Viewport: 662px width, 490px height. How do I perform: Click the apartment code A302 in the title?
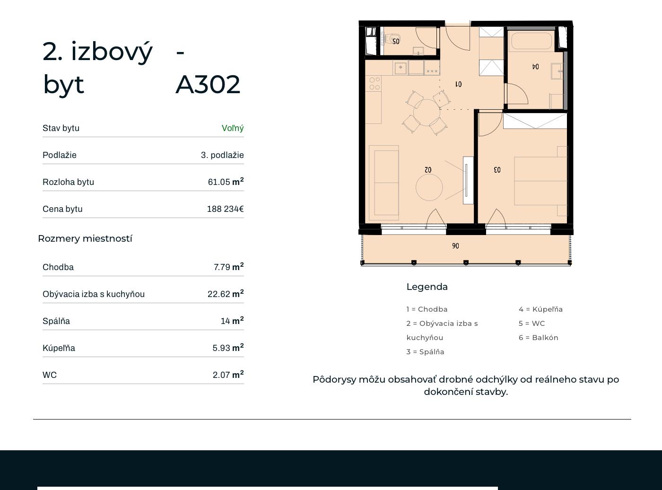(208, 85)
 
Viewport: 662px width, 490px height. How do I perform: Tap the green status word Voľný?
(233, 128)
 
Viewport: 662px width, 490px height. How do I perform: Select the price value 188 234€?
(226, 209)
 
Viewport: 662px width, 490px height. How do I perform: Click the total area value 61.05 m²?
(226, 181)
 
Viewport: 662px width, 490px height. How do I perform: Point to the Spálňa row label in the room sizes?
(56, 321)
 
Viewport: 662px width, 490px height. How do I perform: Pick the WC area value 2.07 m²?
(228, 375)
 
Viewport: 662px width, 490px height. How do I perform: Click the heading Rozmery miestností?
(85, 238)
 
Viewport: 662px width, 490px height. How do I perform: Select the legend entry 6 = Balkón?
(539, 338)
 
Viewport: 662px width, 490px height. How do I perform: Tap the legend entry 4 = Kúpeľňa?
(540, 309)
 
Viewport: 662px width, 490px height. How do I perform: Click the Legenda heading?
(427, 287)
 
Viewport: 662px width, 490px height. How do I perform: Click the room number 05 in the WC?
(396, 42)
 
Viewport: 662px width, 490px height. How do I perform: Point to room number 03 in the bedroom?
(497, 170)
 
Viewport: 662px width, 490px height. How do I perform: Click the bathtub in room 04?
(531, 41)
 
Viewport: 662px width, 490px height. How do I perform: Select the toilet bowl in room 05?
(388, 38)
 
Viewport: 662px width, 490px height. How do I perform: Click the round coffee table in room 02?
(429, 187)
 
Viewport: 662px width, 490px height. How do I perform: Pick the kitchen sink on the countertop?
(401, 68)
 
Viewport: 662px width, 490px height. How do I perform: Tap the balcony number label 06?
(455, 246)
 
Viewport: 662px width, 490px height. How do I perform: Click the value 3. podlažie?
(222, 155)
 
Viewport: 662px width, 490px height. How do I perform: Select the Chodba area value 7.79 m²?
(228, 267)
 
